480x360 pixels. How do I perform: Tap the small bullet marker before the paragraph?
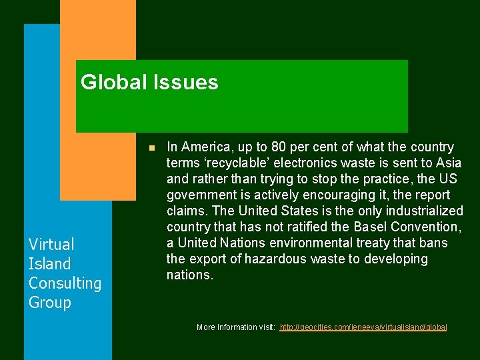point(151,148)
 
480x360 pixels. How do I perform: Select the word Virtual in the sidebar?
point(51,245)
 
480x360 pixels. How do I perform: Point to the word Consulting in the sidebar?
point(65,283)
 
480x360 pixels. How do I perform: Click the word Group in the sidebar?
point(49,303)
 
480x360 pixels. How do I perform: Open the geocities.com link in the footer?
point(363,327)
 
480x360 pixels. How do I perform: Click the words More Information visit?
point(236,327)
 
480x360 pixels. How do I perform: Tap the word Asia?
point(449,163)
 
